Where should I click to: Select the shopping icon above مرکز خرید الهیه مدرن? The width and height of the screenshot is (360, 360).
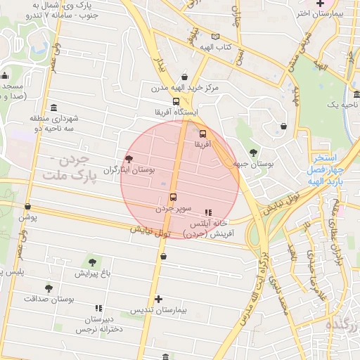click(184, 77)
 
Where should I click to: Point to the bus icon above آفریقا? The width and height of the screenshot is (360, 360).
click(203, 133)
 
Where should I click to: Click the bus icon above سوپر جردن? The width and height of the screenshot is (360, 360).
click(173, 198)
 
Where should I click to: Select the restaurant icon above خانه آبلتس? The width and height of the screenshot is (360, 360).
click(207, 212)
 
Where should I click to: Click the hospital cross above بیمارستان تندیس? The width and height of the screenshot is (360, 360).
click(159, 299)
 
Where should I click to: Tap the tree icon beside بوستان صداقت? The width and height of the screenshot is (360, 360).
click(49, 288)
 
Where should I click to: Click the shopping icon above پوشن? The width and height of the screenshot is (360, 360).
click(27, 207)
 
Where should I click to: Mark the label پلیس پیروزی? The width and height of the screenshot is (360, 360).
click(21, 272)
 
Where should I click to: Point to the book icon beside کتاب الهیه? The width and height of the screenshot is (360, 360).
click(215, 37)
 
